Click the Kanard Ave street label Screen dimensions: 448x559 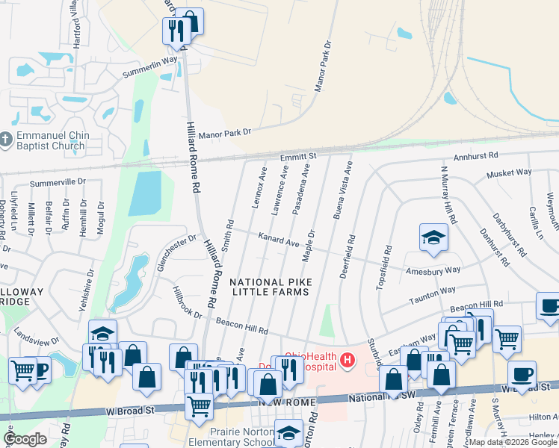coord(278,240)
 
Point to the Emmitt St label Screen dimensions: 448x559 coord(299,156)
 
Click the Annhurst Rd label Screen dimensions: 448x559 coord(478,157)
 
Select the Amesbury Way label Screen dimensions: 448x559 coord(433,269)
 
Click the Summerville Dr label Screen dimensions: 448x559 coord(58,182)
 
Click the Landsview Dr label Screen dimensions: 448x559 coord(35,337)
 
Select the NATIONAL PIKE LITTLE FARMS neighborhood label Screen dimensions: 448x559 coord(270,287)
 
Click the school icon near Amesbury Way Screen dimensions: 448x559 coord(433,237)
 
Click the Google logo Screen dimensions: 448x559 coord(25,439)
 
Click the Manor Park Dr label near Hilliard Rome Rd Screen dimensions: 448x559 coord(227,131)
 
